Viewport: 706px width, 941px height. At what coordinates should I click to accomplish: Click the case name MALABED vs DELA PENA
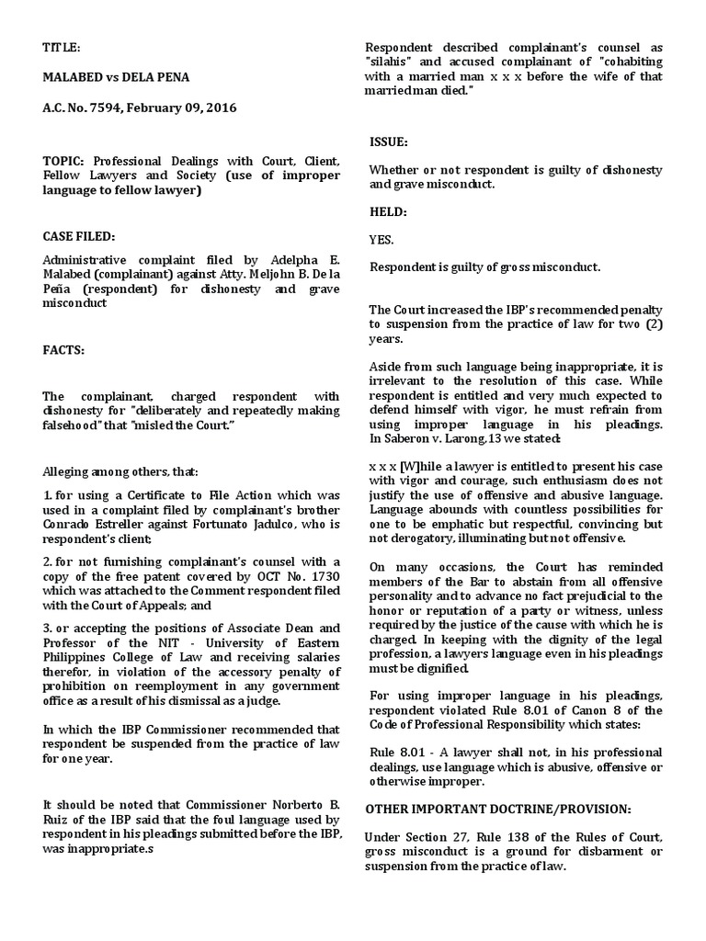[116, 77]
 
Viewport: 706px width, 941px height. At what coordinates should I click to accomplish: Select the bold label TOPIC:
[63, 161]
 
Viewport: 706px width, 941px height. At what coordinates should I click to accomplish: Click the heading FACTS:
[64, 350]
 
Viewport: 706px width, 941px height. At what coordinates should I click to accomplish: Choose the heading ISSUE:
[389, 142]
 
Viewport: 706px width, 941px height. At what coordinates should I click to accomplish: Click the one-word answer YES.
[381, 239]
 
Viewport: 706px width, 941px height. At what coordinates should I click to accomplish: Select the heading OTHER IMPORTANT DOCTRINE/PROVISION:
[498, 809]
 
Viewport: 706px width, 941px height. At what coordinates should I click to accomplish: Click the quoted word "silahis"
[393, 62]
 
